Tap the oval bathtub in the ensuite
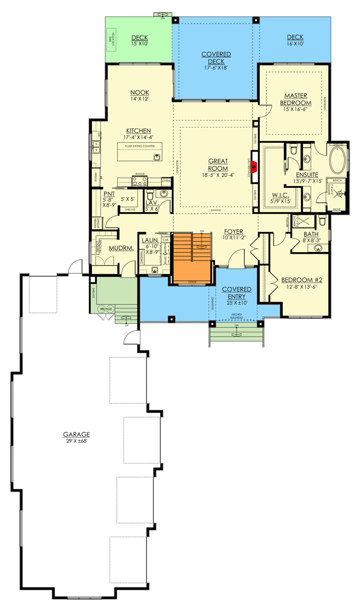click(x=338, y=160)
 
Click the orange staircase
click(x=192, y=257)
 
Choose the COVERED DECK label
click(x=215, y=58)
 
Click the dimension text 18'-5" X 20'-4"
click(x=218, y=175)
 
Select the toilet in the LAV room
click(x=150, y=195)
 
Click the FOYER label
click(x=233, y=231)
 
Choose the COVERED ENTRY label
click(x=237, y=293)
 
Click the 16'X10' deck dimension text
click(x=295, y=44)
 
